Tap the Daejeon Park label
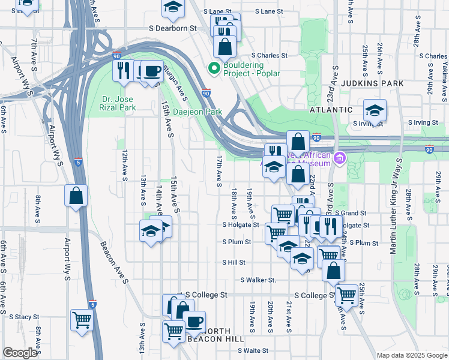(197, 112)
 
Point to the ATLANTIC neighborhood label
(331, 110)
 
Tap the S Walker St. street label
(258, 280)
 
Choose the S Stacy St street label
(23, 316)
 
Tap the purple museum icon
(340, 158)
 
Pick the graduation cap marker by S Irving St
(375, 110)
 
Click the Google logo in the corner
(20, 353)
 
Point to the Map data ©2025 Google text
(411, 355)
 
